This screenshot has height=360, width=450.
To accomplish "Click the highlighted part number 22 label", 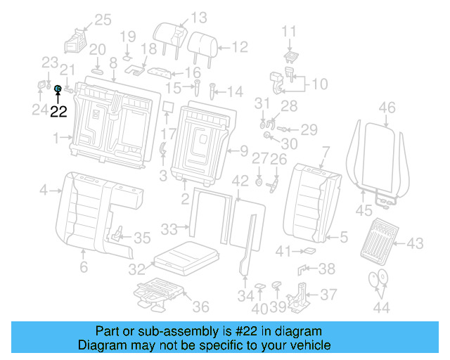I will tap(58, 111).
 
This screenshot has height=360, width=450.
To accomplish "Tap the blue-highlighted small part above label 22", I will tap(58, 89).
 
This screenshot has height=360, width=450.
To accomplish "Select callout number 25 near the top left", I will tap(103, 20).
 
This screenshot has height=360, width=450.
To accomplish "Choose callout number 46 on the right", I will tap(387, 108).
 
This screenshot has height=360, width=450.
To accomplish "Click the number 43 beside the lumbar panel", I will tap(415, 243).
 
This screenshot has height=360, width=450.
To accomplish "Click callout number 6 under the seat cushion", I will tap(83, 267).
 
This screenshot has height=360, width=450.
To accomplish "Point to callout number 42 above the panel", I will tap(240, 181).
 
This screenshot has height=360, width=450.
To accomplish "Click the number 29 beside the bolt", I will tap(309, 129).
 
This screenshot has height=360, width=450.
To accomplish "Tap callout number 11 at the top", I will tap(290, 31).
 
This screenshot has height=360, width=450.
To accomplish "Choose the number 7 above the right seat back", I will tap(326, 150).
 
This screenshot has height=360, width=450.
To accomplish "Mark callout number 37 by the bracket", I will tap(328, 295).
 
